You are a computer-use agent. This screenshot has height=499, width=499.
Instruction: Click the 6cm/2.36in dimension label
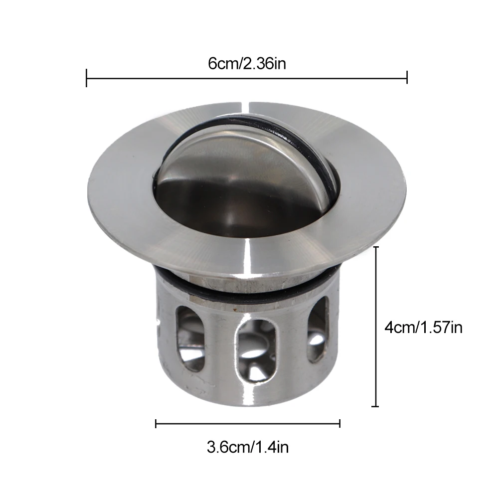[247, 64]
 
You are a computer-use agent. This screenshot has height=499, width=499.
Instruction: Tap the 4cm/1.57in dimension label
[423, 328]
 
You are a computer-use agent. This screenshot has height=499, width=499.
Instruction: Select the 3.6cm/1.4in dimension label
[248, 447]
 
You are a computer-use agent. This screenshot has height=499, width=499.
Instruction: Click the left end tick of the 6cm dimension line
[86, 78]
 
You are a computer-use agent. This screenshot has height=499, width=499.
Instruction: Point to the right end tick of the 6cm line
[407, 77]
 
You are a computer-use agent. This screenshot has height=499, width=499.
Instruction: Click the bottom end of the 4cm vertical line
[375, 406]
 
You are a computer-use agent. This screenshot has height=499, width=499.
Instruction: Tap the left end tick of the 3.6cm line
[156, 424]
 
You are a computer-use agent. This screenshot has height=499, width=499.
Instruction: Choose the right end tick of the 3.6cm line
[340, 424]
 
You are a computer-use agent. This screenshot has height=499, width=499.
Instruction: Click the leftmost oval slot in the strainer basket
[190, 338]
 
